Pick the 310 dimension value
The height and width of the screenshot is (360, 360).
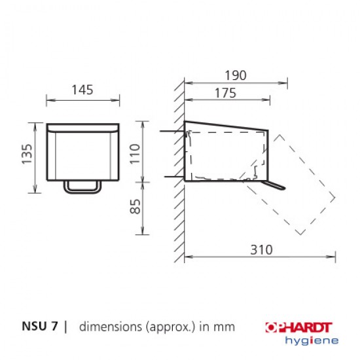coord(261,249)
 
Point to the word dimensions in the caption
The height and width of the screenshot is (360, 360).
coord(107,326)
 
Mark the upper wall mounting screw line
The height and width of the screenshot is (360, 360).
coord(171,132)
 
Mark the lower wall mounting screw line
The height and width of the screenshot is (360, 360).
coord(171,177)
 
